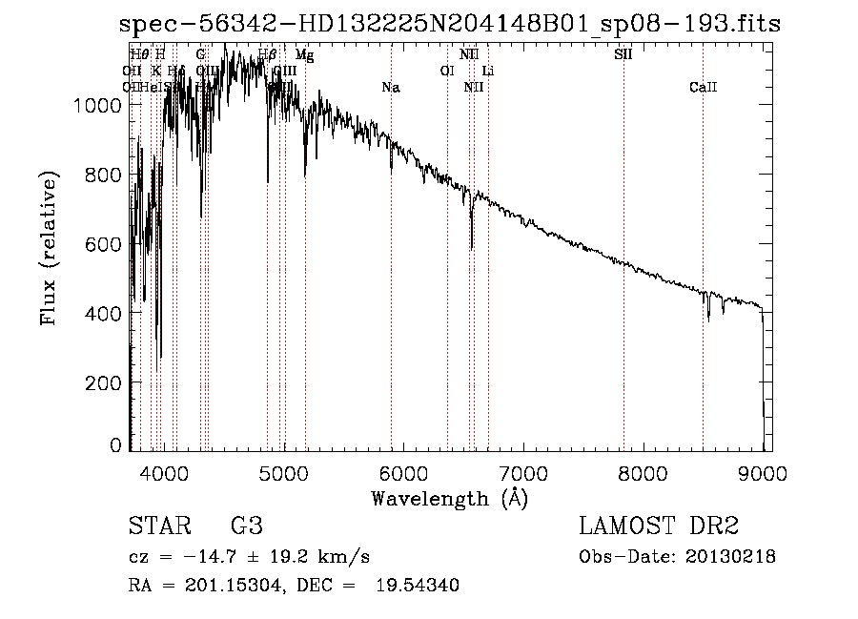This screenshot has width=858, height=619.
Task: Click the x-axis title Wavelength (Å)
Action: click(x=449, y=498)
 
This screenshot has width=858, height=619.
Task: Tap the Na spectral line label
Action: click(x=390, y=88)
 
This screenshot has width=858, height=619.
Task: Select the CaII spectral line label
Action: click(x=703, y=88)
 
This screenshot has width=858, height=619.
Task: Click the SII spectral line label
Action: click(x=623, y=54)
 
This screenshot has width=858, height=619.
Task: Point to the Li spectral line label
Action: click(x=488, y=72)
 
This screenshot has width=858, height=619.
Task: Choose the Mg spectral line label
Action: click(x=304, y=54)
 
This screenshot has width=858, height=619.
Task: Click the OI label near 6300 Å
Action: click(x=446, y=72)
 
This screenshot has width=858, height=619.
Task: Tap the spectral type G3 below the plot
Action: click(x=246, y=526)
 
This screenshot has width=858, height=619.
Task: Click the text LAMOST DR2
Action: click(x=659, y=526)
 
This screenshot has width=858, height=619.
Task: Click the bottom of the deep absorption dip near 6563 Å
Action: click(x=472, y=248)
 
